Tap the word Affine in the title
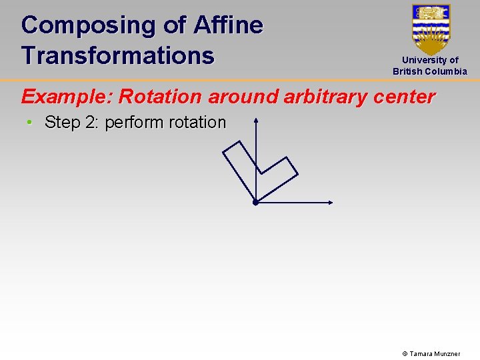[x=228, y=25]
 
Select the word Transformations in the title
[x=117, y=55]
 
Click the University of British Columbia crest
[x=431, y=29]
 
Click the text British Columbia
[x=430, y=71]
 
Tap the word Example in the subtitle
[x=67, y=97]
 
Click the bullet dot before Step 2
[x=30, y=123]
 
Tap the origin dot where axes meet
[x=255, y=202]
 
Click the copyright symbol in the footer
[x=405, y=353]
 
